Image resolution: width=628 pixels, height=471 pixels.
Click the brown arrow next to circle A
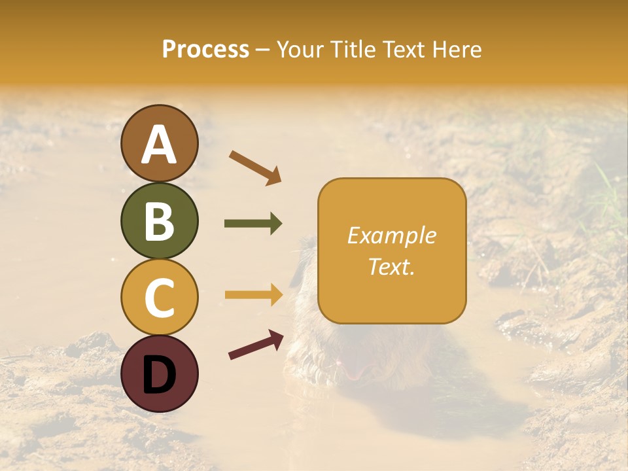(x=255, y=167)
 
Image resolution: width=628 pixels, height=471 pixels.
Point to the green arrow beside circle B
(x=253, y=224)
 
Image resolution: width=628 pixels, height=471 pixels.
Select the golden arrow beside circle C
(x=253, y=294)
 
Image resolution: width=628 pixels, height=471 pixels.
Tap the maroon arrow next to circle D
(x=256, y=345)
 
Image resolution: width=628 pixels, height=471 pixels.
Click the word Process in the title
(x=205, y=50)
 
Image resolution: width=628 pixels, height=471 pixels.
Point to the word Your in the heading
(x=300, y=50)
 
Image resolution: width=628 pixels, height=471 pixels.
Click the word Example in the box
(x=391, y=235)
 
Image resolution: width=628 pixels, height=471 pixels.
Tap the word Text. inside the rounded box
(x=391, y=266)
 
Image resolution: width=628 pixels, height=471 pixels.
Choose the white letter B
(x=159, y=221)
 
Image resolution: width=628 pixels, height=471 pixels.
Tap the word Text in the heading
(x=402, y=50)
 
